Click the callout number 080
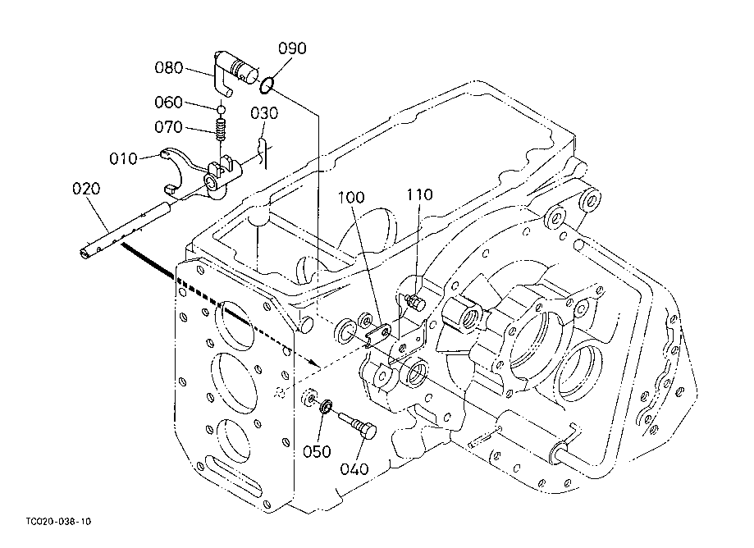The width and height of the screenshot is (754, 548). [x=169, y=68]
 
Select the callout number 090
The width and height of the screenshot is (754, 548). [x=292, y=48]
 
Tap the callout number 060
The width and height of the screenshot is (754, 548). [x=168, y=103]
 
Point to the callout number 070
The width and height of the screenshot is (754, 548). [x=168, y=127]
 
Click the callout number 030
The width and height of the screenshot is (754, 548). [x=264, y=114]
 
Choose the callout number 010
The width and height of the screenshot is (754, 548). [x=123, y=158]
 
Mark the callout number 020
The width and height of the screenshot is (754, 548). [x=86, y=189]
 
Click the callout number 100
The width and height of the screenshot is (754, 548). [x=351, y=198]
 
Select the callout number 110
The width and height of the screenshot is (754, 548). [x=420, y=194]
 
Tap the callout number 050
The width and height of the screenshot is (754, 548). [x=317, y=452]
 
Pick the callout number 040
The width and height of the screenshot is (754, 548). [x=354, y=469]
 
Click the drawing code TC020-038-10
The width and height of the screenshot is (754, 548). [x=59, y=522]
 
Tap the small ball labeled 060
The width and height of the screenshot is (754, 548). [x=221, y=109]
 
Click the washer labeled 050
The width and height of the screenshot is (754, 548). [x=326, y=407]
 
